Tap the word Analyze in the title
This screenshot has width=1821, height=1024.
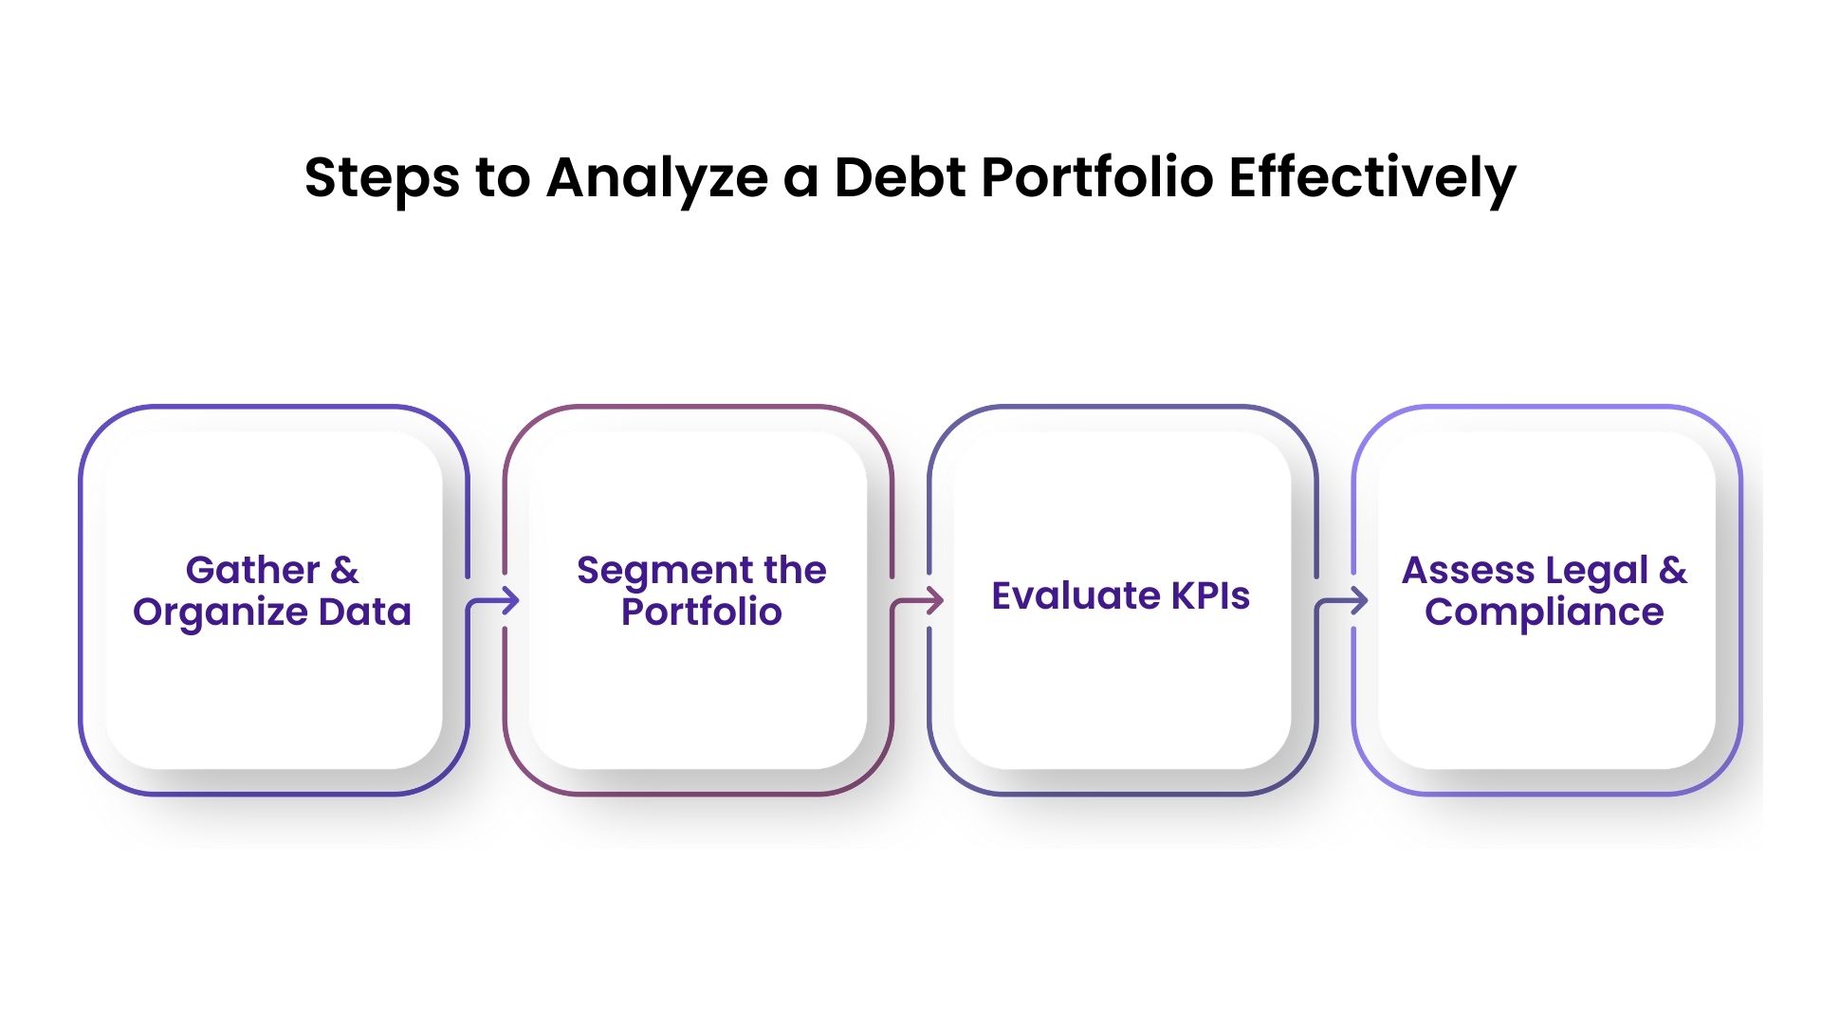tap(656, 178)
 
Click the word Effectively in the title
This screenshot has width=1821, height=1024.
tap(1371, 178)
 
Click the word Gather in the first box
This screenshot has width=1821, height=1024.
tap(252, 571)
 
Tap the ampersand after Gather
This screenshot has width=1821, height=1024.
tap(344, 571)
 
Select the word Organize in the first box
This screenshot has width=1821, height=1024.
tap(220, 613)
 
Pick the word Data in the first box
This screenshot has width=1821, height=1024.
tap(364, 613)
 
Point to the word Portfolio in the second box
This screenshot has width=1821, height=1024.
tap(701, 613)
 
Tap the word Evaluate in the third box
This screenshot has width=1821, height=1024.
tap(1075, 595)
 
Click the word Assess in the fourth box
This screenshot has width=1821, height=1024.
tap(1466, 571)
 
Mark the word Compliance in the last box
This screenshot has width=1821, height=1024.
tap(1543, 613)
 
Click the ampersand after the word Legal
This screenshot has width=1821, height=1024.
tap(1673, 571)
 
